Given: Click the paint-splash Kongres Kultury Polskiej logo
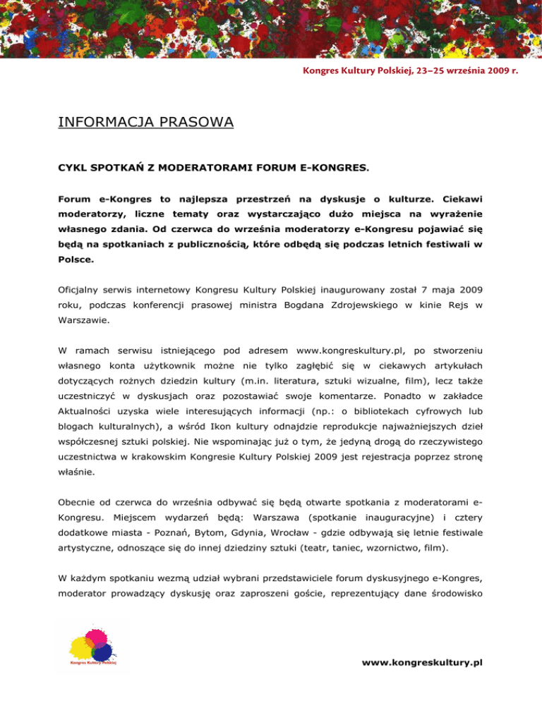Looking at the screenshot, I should coord(93,649).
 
